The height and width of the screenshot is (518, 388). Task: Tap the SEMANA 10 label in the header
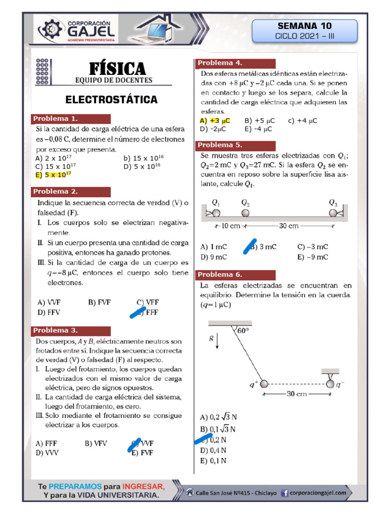(x=304, y=26)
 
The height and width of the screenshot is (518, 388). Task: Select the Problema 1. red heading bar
(x=71, y=119)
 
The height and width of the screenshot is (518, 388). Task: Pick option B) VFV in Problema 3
(x=96, y=443)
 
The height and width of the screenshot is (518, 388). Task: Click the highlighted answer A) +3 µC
(x=215, y=120)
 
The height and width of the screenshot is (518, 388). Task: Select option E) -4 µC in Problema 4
(x=258, y=129)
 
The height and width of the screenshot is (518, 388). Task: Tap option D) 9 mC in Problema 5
(x=213, y=257)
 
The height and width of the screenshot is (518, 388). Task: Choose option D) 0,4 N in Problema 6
(x=213, y=450)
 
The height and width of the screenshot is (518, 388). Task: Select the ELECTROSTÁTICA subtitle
(x=112, y=99)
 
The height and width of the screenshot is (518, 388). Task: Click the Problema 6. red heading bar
(x=235, y=275)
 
